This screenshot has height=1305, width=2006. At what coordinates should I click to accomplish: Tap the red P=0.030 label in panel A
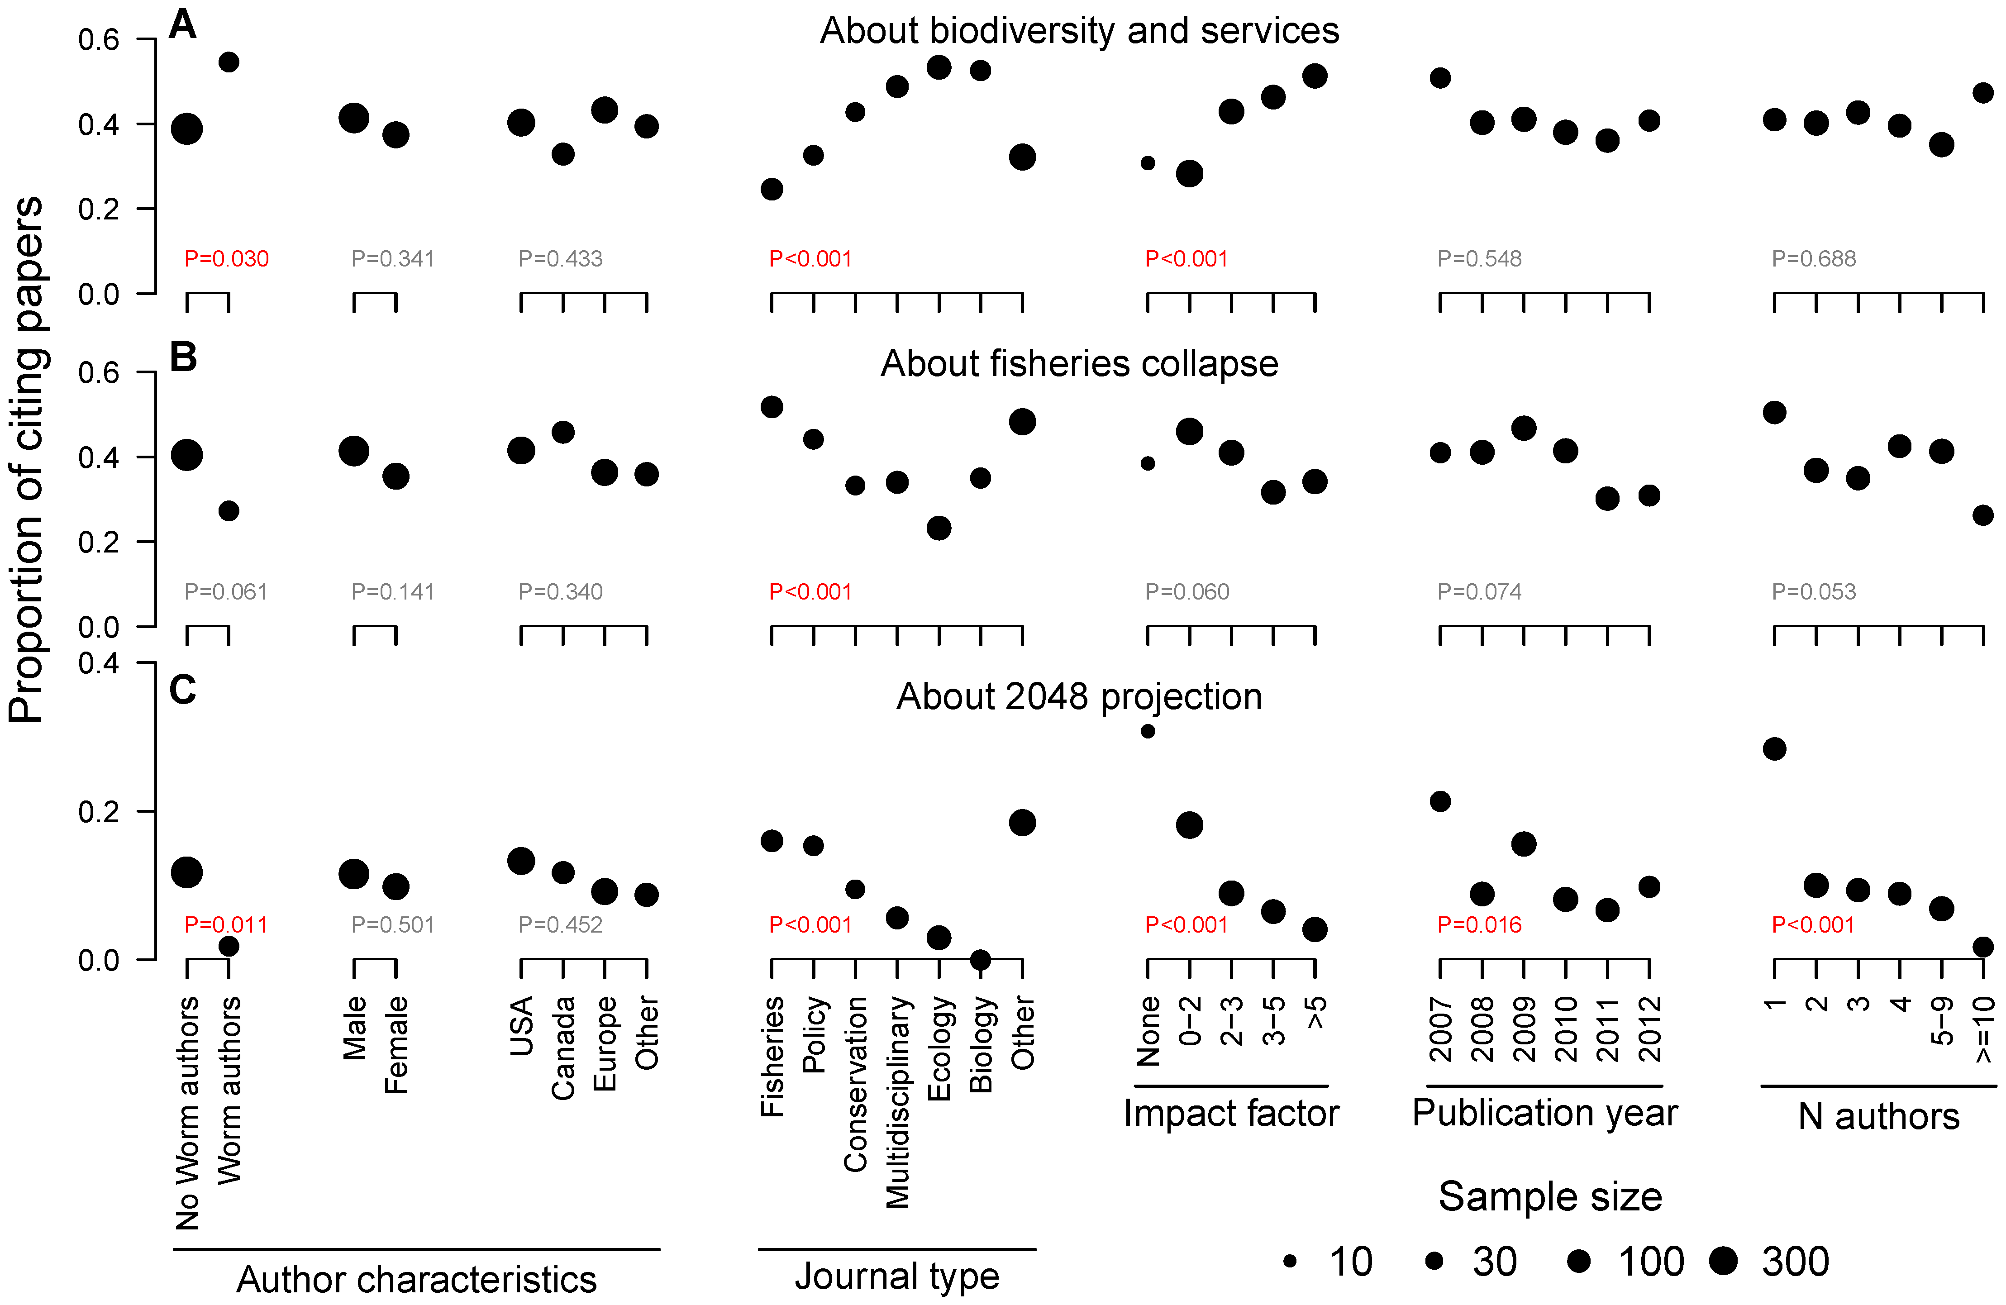(x=226, y=259)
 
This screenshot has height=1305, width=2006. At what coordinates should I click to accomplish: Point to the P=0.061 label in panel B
(x=226, y=592)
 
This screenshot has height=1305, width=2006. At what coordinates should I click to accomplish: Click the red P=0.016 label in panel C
(x=1479, y=925)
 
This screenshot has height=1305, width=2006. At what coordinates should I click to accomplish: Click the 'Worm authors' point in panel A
(x=229, y=62)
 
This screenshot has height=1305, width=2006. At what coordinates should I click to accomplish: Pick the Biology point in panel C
(x=980, y=959)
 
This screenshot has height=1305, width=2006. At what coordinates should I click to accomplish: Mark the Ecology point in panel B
(x=939, y=529)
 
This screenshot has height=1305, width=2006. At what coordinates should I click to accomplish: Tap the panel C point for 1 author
(x=1774, y=748)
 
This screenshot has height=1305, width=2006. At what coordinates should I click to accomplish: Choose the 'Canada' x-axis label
(x=563, y=1048)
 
